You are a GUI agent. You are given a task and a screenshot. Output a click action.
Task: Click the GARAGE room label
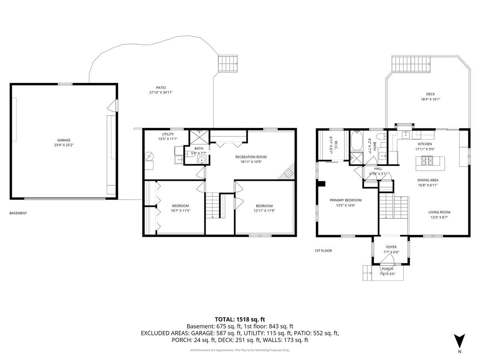tap(64, 140)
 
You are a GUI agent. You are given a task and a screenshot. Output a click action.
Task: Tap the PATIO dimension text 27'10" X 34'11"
tap(161, 92)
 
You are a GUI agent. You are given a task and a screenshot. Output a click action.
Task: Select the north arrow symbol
tap(460, 340)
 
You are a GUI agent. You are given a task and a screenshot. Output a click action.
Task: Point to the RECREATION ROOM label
tap(251, 157)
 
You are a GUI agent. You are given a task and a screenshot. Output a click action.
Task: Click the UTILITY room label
tap(168, 134)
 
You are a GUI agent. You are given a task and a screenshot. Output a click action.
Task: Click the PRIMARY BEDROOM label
tap(346, 200)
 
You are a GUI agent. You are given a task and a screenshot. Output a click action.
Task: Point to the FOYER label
tap(391, 247)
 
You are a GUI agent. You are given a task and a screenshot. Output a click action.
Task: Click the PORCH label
tap(387, 269)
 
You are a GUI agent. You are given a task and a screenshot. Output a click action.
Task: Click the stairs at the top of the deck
tap(411, 63)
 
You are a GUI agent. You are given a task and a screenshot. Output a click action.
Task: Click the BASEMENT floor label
tap(18, 213)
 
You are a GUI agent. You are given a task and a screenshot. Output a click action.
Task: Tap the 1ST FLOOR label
tap(323, 251)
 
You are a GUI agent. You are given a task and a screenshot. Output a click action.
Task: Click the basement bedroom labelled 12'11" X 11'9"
tap(264, 208)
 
